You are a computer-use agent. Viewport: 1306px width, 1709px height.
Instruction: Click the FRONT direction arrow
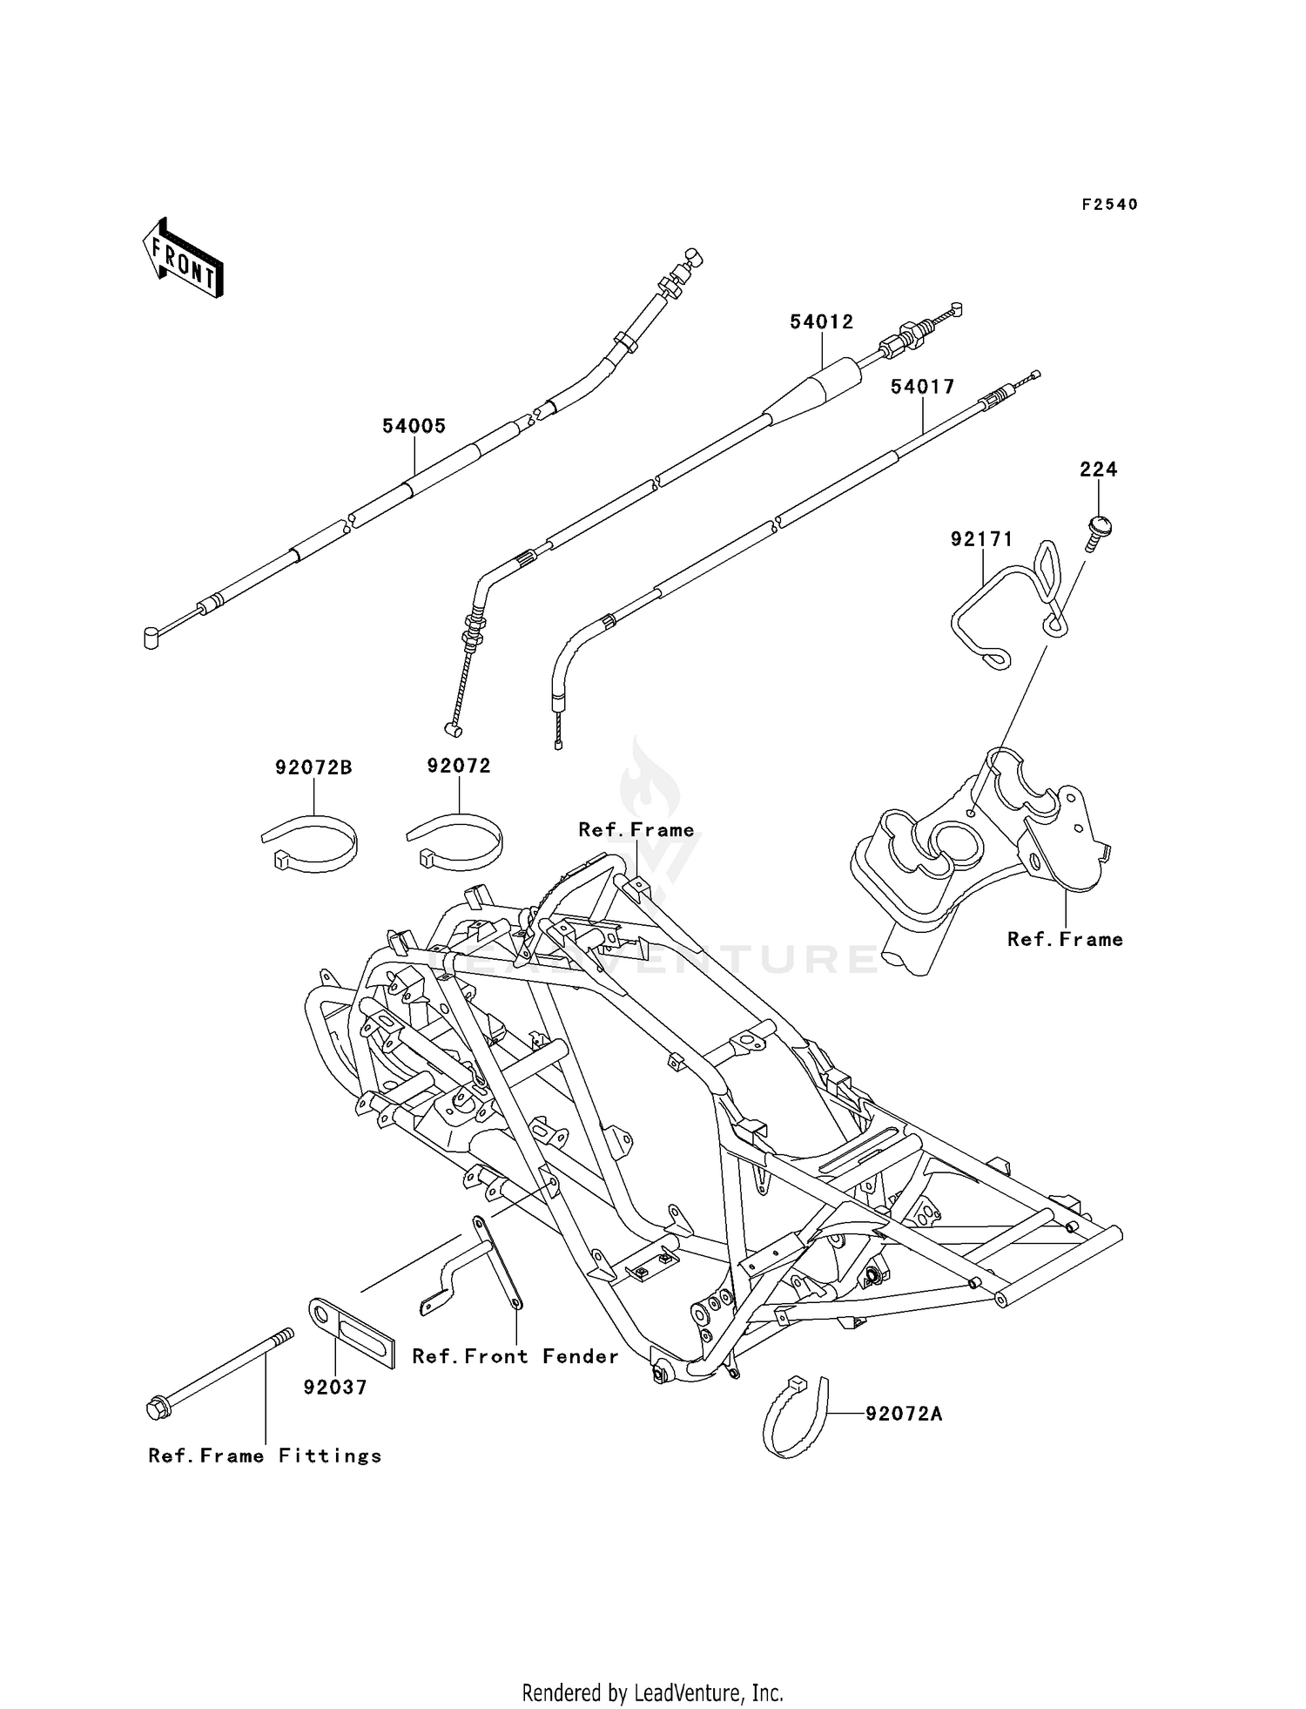[x=183, y=259]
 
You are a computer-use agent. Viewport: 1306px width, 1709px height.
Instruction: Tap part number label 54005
[x=414, y=426]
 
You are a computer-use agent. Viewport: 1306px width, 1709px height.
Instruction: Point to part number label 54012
[x=822, y=321]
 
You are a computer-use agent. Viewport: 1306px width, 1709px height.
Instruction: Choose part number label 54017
[x=923, y=386]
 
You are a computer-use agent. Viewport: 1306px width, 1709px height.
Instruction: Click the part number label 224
[x=1099, y=469]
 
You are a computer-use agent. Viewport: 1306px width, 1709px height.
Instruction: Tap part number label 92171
[x=982, y=540]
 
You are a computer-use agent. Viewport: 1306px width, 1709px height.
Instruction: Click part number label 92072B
[x=314, y=767]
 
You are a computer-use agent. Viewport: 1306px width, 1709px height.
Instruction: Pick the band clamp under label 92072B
[x=311, y=843]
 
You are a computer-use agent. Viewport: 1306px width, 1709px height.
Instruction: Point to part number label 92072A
[x=904, y=1414]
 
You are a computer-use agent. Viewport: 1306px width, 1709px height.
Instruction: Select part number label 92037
[x=335, y=1388]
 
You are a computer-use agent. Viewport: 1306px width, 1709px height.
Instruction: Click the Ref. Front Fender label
[x=515, y=1356]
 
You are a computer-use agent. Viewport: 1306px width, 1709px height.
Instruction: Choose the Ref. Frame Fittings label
[x=266, y=1456]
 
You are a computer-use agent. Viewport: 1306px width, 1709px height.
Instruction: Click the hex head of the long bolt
[x=158, y=1408]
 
